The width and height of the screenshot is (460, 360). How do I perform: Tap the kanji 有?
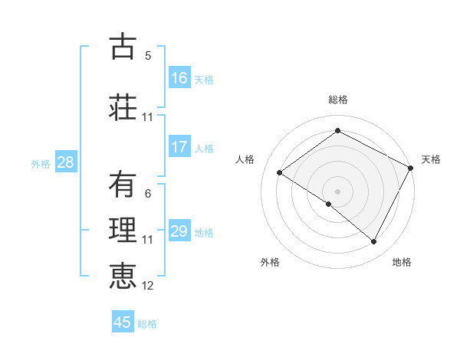coord(122,184)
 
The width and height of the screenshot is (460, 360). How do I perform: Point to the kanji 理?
coord(122,231)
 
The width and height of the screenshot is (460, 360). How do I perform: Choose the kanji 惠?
coord(122,277)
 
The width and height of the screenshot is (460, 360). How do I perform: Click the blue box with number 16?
coord(179,78)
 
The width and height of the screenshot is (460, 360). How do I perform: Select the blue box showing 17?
coord(179,147)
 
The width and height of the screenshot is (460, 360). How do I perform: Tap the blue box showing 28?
coord(65,162)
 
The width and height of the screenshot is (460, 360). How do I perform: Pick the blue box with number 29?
coord(179,231)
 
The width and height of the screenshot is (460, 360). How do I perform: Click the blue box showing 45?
coord(123,322)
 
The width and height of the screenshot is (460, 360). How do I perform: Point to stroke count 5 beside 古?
coord(148,56)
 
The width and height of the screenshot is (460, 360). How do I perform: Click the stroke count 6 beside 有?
coord(148,194)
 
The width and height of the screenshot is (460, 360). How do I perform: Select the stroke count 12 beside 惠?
coord(148,286)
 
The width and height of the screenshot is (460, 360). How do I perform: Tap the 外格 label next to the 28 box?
coord(41,163)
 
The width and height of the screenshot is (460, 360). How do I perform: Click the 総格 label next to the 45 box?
coord(147,324)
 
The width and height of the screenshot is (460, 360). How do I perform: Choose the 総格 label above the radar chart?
coord(338,100)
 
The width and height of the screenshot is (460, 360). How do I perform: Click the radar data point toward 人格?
coord(280,172)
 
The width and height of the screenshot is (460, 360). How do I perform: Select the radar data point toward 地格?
coord(374,242)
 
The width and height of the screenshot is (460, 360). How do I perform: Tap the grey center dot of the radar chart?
coord(337,191)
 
